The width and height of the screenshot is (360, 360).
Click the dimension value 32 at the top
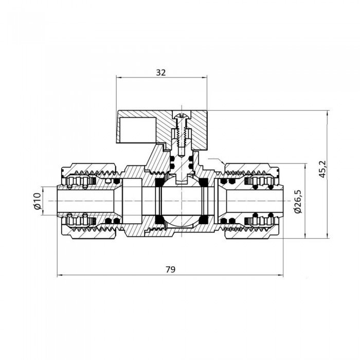coord(160,73)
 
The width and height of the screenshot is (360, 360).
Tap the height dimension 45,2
coord(322,169)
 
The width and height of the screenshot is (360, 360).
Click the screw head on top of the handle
coord(179,115)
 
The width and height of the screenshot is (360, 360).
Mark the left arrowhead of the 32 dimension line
coord(119,78)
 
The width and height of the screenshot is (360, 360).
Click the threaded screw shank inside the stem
coord(179,135)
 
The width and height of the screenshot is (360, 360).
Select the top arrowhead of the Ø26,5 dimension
coord(305,167)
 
